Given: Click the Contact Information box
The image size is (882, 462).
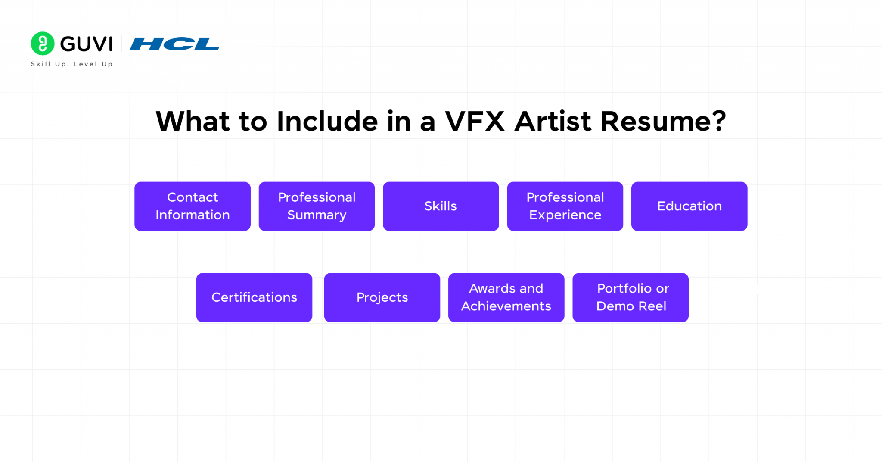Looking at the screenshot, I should click(193, 206).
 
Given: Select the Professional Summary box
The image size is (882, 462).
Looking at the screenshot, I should click(317, 206).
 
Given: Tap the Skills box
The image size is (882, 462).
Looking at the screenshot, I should click(441, 206).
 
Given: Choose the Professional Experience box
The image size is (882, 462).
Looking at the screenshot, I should click(565, 206).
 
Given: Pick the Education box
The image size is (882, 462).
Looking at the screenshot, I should click(689, 206).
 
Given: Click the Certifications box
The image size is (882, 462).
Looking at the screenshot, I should click(254, 297).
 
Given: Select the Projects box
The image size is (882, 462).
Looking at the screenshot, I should click(382, 297).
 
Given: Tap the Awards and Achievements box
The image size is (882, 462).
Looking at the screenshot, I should click(506, 297).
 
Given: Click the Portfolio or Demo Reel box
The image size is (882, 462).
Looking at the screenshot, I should click(630, 297).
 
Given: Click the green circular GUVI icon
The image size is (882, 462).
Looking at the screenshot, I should click(43, 44).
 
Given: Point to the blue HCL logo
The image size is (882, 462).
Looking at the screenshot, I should click(174, 44).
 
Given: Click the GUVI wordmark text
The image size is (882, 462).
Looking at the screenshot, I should click(87, 44).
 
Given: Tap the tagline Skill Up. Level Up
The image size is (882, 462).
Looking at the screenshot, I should click(71, 64).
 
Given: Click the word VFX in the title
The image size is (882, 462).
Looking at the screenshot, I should click(475, 121).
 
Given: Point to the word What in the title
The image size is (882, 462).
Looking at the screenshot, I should click(193, 121).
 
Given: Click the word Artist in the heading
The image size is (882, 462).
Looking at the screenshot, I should click(553, 121).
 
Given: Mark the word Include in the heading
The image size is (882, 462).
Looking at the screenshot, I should click(327, 121).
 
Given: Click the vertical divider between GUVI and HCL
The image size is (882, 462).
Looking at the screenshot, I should click(121, 44).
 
